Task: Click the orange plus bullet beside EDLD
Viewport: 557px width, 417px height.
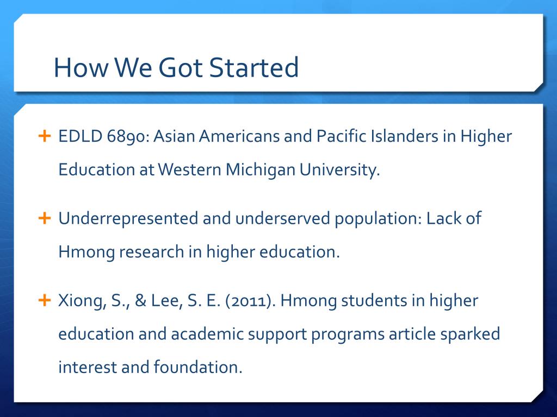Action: tap(44, 135)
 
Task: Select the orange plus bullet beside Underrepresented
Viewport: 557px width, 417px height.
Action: tap(44, 218)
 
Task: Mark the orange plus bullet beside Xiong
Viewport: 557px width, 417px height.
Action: tap(44, 300)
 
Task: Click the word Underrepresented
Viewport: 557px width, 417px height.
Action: tap(128, 218)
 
